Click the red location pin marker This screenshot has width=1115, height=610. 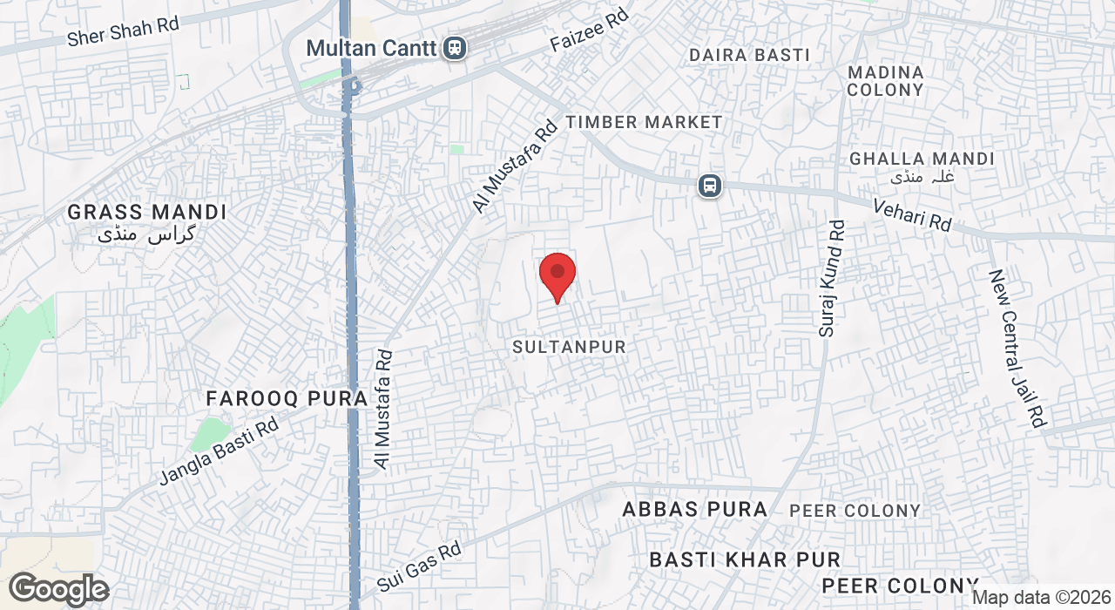coord(557,274)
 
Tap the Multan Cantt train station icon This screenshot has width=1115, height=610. coord(453,48)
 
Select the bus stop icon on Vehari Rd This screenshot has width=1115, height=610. coord(710,186)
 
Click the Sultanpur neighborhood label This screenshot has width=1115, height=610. coord(569,347)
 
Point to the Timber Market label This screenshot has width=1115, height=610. coord(644,122)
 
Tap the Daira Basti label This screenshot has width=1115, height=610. coord(749,55)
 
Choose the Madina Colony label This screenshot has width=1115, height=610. coord(885,81)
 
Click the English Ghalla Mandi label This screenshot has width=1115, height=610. coord(922,159)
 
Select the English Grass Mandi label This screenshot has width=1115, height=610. coord(147,212)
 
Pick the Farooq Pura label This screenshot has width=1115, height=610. coord(287,399)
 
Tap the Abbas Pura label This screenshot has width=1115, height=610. coord(695,510)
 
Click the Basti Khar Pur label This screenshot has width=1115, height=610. coord(745,559)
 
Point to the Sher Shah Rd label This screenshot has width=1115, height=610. coord(123,31)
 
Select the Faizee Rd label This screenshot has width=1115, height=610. coord(590,31)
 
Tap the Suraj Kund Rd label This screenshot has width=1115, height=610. coord(832,278)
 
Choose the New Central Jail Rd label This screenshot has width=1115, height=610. coord(1016,348)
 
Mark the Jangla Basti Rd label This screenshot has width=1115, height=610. coord(219,452)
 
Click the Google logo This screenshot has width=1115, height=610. coord(59,590)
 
